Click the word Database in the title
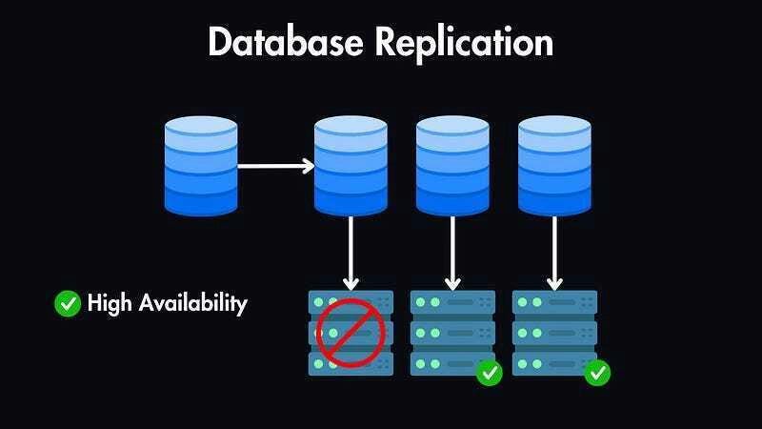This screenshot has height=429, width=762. pyautogui.click(x=283, y=43)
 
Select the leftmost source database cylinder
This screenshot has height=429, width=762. pyautogui.click(x=200, y=166)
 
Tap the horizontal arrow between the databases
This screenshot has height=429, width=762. pyautogui.click(x=275, y=166)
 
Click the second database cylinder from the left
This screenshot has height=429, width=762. pyautogui.click(x=351, y=166)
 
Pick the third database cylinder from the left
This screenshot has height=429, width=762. pyautogui.click(x=452, y=166)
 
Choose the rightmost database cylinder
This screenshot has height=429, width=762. pyautogui.click(x=553, y=166)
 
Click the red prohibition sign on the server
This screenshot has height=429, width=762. pyautogui.click(x=351, y=333)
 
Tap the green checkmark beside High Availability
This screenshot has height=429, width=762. pyautogui.click(x=68, y=304)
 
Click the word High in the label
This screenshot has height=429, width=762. pyautogui.click(x=108, y=304)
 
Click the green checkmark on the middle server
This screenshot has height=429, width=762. pyautogui.click(x=490, y=372)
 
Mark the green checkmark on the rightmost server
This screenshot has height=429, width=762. pyautogui.click(x=597, y=372)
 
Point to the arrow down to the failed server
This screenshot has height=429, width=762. pyautogui.click(x=351, y=253)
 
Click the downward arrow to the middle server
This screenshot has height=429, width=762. pyautogui.click(x=452, y=253)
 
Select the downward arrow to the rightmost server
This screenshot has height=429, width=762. pyautogui.click(x=553, y=253)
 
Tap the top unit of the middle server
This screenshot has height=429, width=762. pyautogui.click(x=452, y=302)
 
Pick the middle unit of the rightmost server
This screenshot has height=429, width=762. pyautogui.click(x=554, y=333)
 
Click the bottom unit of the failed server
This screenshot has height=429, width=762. pyautogui.click(x=351, y=364)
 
